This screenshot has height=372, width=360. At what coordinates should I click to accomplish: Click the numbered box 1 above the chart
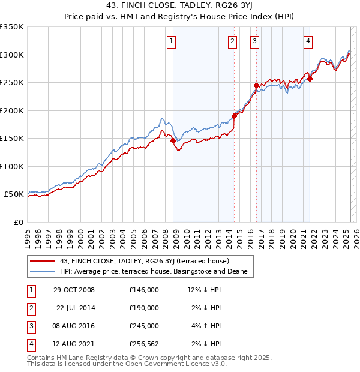171,41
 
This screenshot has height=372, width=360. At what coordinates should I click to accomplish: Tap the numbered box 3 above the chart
254,41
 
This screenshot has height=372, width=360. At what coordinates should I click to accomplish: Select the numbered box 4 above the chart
308,41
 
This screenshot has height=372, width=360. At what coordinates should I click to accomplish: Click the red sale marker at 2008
173,140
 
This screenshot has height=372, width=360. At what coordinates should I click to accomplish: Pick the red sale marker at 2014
235,116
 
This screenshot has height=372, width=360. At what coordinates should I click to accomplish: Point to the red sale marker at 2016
256,85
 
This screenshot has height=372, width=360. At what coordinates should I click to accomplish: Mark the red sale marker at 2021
310,79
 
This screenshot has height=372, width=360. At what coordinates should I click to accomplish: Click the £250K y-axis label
12,83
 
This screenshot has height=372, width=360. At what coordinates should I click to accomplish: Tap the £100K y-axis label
12,166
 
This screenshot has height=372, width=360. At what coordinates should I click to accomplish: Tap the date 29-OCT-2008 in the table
74,290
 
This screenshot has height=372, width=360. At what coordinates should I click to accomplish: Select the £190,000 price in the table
143,308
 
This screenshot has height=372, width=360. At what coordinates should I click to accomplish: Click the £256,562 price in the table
143,344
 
